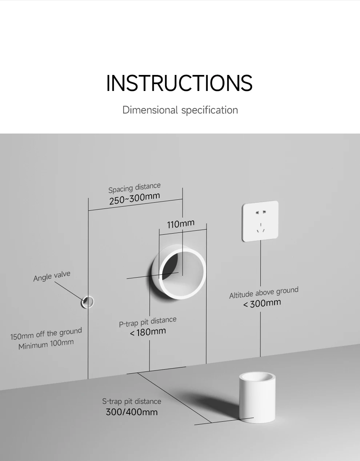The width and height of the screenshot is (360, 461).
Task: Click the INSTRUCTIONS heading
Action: click(179, 83)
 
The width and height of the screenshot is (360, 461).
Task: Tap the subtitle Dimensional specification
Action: click(180, 110)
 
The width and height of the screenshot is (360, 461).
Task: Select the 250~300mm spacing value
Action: click(135, 199)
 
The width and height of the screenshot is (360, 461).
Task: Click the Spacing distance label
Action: click(134, 188)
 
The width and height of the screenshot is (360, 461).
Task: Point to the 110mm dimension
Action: click(181, 223)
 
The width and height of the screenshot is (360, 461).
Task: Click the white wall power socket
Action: click(260, 221)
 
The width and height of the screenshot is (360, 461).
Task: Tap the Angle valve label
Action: click(52, 276)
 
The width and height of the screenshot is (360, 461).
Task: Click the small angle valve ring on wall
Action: click(87, 302)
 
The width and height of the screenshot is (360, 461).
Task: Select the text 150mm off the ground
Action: click(46, 334)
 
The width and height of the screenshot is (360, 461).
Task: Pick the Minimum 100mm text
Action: click(46, 344)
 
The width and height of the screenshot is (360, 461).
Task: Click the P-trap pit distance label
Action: click(148, 322)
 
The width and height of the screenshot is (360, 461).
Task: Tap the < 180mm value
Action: click(148, 332)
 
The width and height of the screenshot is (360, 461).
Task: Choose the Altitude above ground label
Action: click(264, 293)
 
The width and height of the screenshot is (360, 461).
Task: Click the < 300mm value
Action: click(262, 303)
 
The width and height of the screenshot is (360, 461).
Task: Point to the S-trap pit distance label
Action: click(132, 401)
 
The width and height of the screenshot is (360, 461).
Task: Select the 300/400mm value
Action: click(132, 412)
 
